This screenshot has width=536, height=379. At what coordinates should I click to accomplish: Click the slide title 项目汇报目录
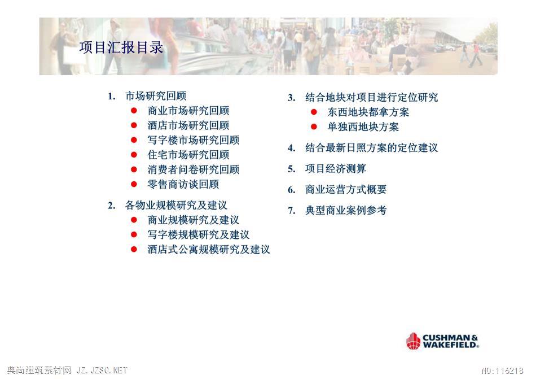pos(121,47)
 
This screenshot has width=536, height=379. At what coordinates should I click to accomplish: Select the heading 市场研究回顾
pos(156,96)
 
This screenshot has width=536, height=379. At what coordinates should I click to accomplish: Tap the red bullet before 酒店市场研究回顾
pos(134,125)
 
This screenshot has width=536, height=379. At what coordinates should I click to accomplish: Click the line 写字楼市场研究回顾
pos(194,140)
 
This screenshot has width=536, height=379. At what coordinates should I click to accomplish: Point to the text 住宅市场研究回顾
pos(188,155)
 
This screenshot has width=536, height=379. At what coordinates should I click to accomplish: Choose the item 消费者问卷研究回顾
pos(194,169)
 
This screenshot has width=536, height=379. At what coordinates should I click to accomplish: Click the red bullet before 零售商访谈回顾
pos(134,184)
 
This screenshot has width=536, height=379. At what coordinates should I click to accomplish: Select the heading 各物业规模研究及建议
pos(176,205)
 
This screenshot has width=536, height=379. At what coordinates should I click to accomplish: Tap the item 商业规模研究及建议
pos(194,220)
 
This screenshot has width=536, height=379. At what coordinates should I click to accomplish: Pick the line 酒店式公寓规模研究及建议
pos(209,249)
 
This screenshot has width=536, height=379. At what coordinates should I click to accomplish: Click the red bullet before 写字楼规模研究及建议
pos(134,234)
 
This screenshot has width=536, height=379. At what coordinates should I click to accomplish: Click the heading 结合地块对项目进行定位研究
pos(372,98)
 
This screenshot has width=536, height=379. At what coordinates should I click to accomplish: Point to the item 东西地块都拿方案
pos(368,112)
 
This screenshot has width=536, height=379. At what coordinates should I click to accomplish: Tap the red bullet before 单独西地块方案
pos(314,127)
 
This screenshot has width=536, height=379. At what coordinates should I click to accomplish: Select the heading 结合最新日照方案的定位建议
pos(372,148)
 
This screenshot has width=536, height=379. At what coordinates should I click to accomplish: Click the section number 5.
pos(291,169)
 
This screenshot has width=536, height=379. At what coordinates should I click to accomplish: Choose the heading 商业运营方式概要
pos(346,190)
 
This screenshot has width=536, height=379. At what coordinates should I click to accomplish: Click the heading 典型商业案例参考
pos(346,210)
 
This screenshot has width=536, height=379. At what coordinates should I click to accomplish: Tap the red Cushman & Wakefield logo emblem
pos(413,341)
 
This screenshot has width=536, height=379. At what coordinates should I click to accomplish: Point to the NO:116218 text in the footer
pos(502,371)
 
